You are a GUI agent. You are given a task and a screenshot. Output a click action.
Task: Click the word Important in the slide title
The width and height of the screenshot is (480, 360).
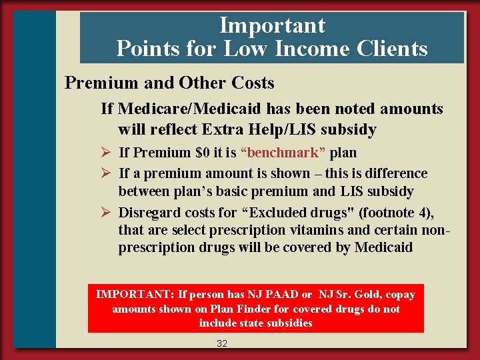[272, 25]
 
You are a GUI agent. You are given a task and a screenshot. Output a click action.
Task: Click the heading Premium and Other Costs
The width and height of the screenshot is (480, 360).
[169, 83]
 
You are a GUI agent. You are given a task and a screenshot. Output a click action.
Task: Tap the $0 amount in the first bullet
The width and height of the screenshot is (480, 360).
[203, 153]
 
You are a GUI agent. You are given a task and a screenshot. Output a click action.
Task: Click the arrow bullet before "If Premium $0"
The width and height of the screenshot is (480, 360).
[105, 153]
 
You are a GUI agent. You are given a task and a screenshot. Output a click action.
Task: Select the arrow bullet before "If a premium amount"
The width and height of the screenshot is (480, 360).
[105, 173]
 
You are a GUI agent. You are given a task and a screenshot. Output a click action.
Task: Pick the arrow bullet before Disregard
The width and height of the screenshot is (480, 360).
[105, 213]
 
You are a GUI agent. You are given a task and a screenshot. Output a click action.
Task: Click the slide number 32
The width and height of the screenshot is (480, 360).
[222, 344]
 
